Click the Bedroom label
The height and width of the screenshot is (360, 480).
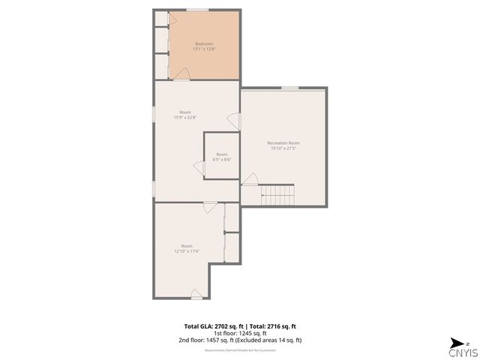click(x=204, y=43)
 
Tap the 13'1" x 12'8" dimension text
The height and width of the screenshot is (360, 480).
click(x=204, y=49)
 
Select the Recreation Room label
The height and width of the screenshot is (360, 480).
click(x=283, y=142)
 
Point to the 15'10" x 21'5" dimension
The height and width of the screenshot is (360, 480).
click(x=283, y=148)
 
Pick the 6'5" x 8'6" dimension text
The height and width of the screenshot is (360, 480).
click(x=222, y=160)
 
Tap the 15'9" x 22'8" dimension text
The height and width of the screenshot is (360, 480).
click(x=185, y=118)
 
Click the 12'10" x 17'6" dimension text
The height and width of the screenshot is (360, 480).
click(x=187, y=251)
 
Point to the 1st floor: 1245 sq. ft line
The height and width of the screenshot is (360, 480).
click(x=240, y=334)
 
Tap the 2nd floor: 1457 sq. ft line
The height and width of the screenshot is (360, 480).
click(x=240, y=340)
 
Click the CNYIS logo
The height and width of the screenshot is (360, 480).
click(x=462, y=351)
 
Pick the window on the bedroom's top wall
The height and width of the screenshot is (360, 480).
click(x=197, y=10)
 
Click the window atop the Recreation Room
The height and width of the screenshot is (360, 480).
click(x=290, y=88)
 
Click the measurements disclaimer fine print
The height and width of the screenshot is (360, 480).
click(x=240, y=349)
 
